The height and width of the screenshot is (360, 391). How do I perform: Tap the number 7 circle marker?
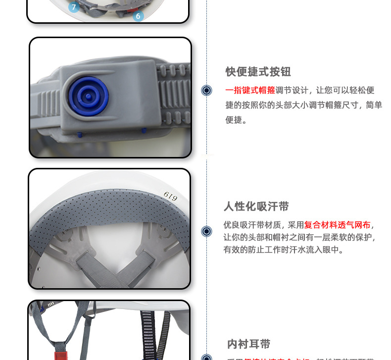pos(74,7)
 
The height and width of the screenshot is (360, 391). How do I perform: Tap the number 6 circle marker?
pos(138,16)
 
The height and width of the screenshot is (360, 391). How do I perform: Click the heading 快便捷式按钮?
pos(258,72)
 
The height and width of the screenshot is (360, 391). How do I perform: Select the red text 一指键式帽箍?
pos(250,90)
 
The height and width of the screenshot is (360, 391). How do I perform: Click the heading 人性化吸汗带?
pos(256,206)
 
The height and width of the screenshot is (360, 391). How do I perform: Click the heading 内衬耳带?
pos(248,344)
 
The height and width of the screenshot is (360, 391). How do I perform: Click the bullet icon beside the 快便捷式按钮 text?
pos(206,90)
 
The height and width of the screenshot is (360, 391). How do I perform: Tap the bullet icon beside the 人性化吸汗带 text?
pos(206,231)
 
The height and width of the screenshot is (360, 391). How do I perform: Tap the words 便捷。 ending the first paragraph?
pos(236,120)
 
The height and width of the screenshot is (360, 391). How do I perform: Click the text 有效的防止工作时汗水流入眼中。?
pos(283,250)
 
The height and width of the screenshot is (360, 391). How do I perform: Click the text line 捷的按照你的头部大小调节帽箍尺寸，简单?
pos(303,105)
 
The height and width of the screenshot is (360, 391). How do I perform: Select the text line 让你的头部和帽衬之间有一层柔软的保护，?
pos(299,237)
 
